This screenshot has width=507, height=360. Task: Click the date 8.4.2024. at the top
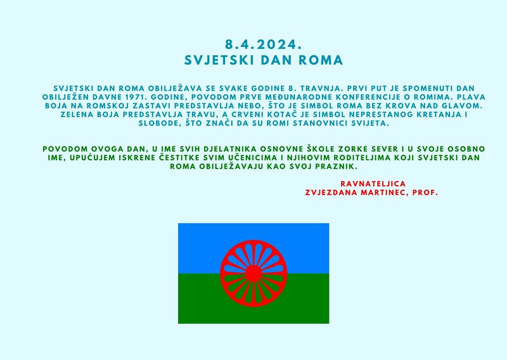[264, 44]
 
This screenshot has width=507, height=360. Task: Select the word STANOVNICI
[326, 123]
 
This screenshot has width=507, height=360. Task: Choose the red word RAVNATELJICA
[373, 184]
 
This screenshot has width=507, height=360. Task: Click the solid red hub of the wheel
[253, 274]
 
